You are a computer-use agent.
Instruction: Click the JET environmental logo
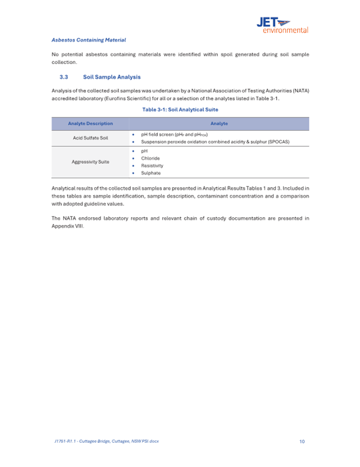(282, 25)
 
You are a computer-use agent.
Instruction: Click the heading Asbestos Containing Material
(89, 40)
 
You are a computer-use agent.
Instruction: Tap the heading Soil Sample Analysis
(112, 77)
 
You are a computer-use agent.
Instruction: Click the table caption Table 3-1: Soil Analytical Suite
(180, 109)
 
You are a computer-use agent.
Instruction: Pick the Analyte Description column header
(90, 124)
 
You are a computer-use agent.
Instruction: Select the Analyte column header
(219, 124)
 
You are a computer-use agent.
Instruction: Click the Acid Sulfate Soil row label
(90, 138)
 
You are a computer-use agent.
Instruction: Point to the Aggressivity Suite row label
(90, 162)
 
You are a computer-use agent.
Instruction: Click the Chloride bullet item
(150, 159)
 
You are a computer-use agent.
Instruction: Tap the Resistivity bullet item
(152, 165)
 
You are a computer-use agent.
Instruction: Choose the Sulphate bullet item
(150, 173)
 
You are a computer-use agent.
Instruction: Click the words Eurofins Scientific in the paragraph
(130, 98)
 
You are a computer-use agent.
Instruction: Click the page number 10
(302, 441)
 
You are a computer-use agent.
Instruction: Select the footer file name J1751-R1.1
(65, 441)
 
